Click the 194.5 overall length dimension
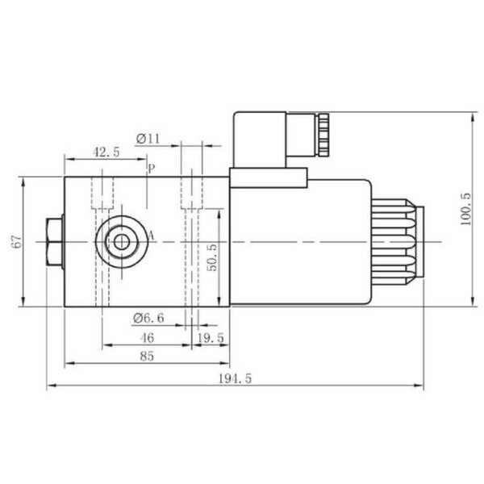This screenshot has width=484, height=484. [235, 378]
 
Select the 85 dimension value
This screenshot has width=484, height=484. [147, 357]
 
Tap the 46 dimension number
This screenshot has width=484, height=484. [147, 338]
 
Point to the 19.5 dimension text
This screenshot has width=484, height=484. [211, 338]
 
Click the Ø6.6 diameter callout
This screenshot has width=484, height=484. [148, 318]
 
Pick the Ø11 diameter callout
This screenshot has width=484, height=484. [148, 139]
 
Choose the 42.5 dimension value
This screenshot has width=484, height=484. [106, 152]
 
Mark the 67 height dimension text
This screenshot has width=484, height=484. [17, 242]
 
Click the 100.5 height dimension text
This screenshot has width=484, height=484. [465, 209]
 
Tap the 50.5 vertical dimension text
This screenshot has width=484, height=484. [211, 258]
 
